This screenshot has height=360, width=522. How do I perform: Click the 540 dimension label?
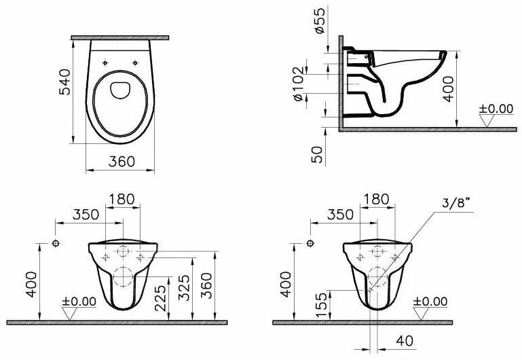pos(65,82)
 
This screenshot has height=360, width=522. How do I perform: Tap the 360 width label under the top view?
pos(122,162)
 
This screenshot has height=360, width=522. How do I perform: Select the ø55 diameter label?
pos(319,20)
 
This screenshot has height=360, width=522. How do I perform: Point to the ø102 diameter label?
pos(298,84)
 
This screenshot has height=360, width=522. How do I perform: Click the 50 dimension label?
pos(317,154)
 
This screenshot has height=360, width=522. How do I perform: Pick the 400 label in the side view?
pos(449,89)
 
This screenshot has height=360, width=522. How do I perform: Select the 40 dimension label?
pos(405,341)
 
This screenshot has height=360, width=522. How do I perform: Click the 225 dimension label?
pos(161,298)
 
